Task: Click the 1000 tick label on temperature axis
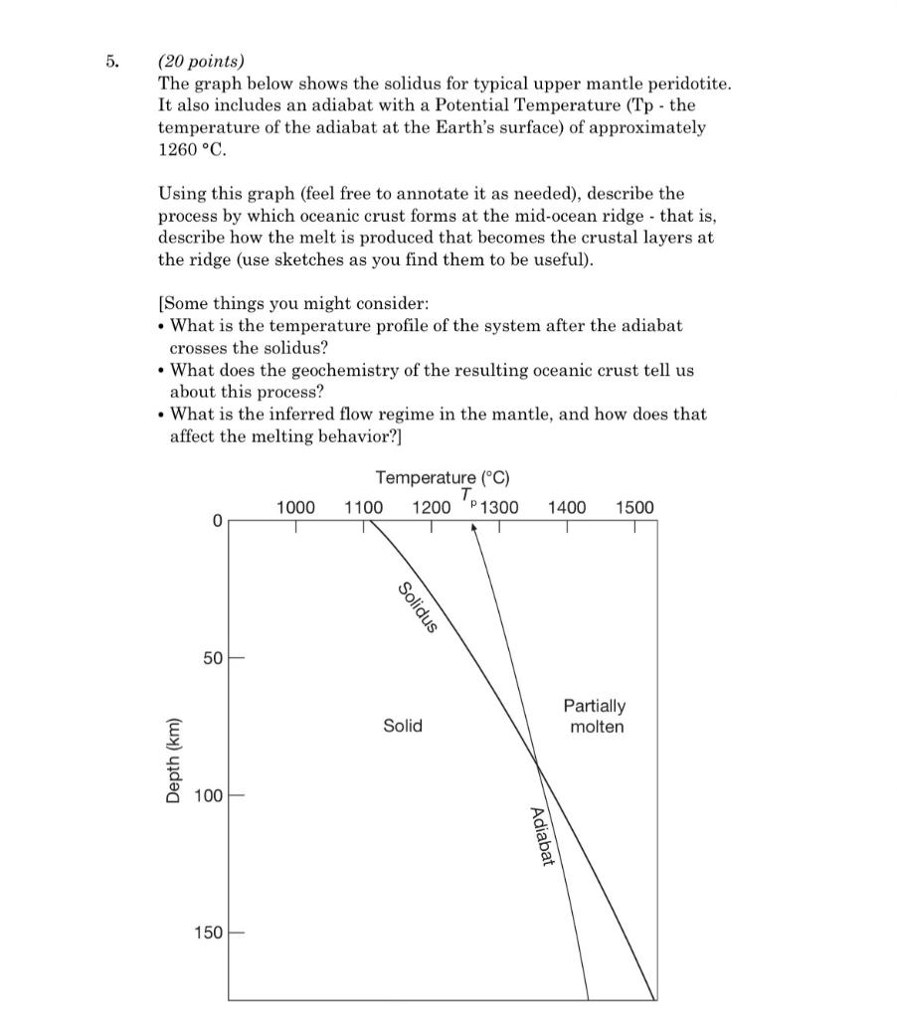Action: point(295,508)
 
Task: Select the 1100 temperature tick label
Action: point(363,508)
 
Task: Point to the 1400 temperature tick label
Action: point(567,508)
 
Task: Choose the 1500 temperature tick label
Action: point(634,508)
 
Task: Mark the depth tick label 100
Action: point(209,796)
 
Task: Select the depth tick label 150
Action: point(209,933)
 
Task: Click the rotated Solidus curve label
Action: point(418,606)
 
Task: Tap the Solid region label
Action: point(403,726)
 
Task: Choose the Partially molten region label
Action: point(595,716)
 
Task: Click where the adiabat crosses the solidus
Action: point(538,763)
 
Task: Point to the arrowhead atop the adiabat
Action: point(474,528)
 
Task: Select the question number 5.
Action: point(112,60)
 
